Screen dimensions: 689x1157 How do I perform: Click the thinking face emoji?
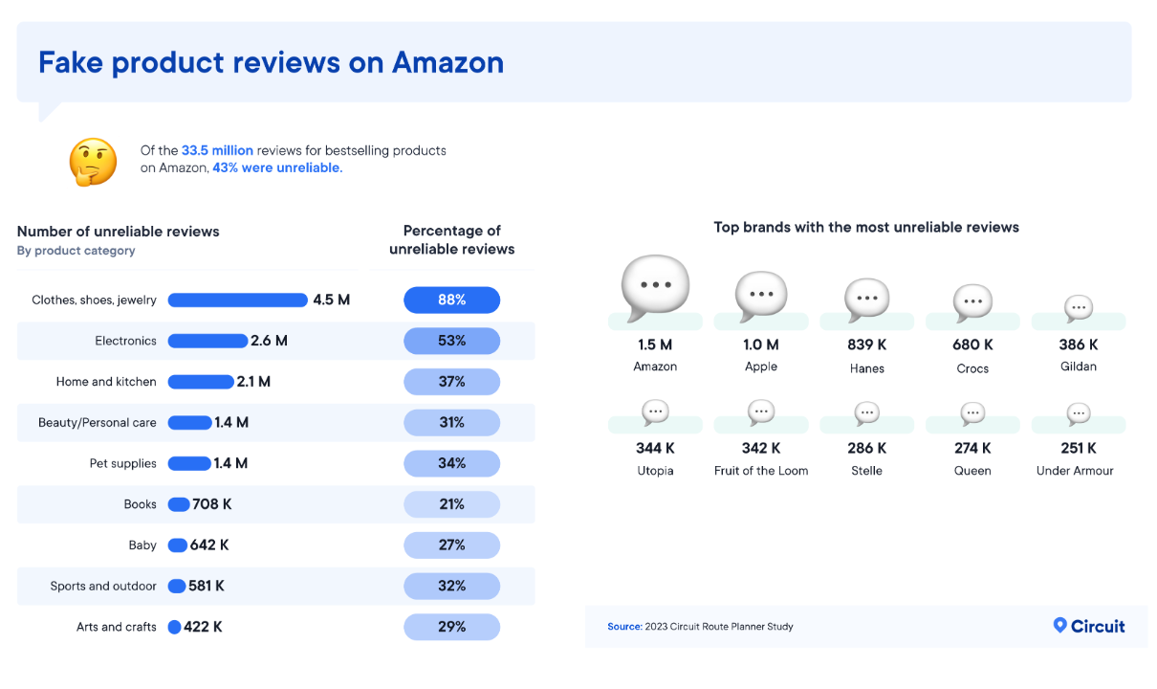point(93,162)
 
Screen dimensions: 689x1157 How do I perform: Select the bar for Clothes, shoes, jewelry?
point(237,300)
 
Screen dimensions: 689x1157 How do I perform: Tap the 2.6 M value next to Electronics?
point(269,341)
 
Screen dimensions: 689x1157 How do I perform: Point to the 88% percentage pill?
point(451,300)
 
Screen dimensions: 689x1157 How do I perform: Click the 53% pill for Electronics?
point(451,341)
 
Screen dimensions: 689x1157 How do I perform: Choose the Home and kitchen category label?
point(106,382)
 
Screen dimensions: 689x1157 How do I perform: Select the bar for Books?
point(179,504)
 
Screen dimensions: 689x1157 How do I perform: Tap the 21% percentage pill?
point(451,504)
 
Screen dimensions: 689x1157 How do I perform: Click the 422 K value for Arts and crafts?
point(204,627)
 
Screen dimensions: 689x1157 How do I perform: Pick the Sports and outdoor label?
point(103,586)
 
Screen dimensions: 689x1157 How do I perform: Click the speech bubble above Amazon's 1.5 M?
point(655,287)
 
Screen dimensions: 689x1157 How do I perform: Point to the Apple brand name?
point(761,367)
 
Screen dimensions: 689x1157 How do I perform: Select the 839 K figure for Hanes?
point(866,344)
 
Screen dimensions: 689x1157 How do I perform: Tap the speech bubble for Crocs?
point(972,301)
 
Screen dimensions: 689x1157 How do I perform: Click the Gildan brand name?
point(1079,367)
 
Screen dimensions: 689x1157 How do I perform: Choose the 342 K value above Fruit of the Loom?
point(761,448)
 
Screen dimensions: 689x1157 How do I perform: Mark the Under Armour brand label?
point(1075,471)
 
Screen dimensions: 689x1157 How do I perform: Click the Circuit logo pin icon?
point(1059,625)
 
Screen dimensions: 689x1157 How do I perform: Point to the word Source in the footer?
point(623,627)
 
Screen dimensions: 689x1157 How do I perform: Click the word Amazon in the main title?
point(448,62)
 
